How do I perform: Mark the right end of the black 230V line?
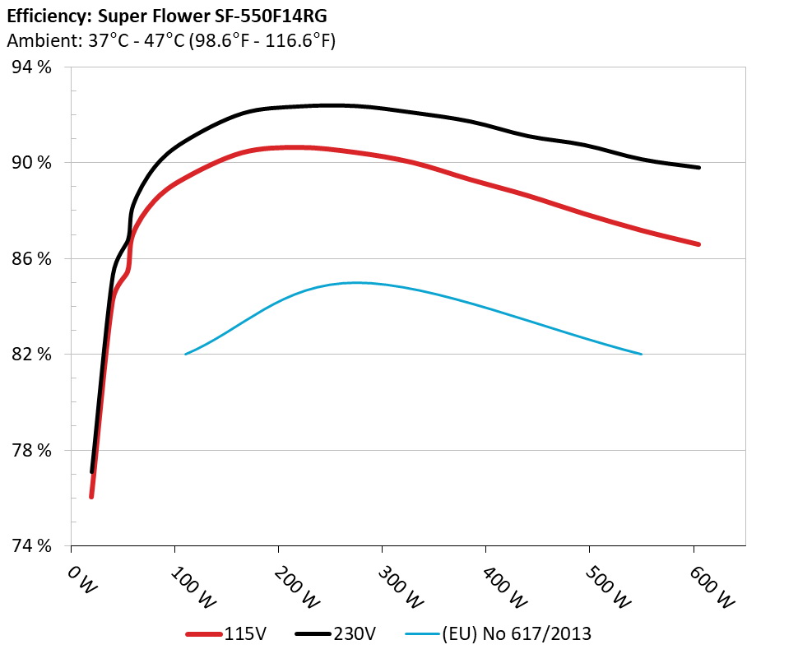coord(698,167)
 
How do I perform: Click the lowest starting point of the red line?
coord(91,497)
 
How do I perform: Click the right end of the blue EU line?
coord(641,354)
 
